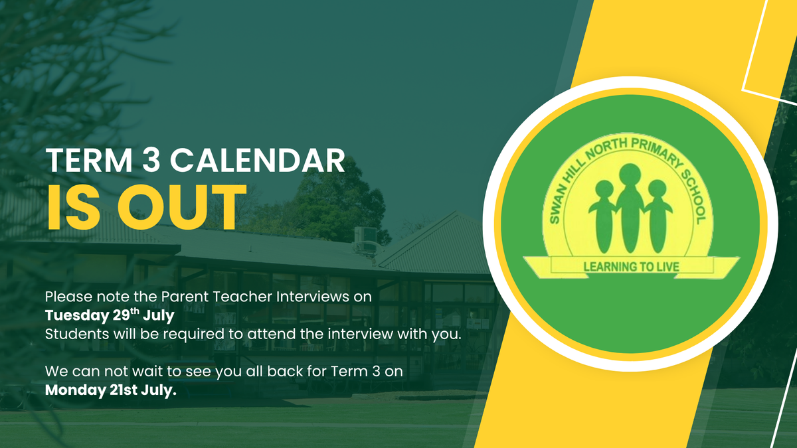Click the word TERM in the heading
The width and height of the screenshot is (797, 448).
pos(89,161)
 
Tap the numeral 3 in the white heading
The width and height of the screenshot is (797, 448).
pos(151,161)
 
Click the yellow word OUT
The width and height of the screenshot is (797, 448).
pos(181,208)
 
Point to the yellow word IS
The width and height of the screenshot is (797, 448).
pos(74,208)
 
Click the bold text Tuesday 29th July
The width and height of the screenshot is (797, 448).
pos(110,315)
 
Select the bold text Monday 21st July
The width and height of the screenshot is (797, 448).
pos(111,390)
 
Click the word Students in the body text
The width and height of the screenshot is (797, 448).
pos(77,334)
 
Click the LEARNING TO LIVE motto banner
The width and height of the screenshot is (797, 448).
pos(631,267)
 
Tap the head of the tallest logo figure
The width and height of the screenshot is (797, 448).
pos(630,175)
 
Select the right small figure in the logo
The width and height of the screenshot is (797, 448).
pos(658,216)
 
